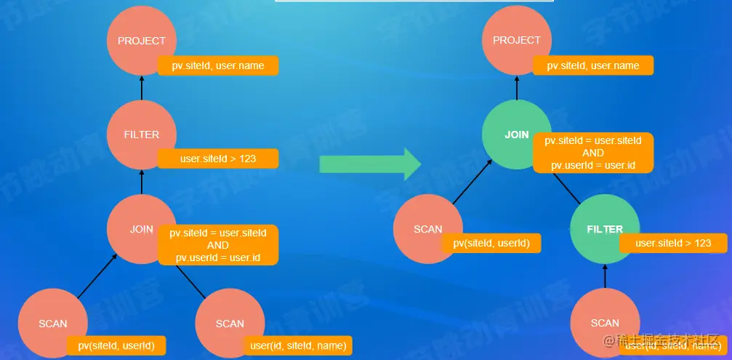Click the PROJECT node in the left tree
[x=142, y=41]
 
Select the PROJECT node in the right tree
[x=517, y=41]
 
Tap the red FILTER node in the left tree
[x=142, y=135]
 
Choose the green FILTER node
[x=605, y=229]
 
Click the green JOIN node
[x=517, y=135]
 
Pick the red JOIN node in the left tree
[x=141, y=229]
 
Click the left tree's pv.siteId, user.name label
[x=218, y=66]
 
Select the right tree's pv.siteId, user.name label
[x=593, y=66]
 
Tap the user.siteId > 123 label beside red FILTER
[x=218, y=159]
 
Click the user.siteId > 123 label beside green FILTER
[x=673, y=243]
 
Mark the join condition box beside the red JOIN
[x=218, y=245]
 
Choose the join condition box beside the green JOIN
[x=593, y=153]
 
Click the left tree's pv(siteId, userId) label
[x=116, y=345]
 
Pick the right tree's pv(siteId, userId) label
[x=491, y=243]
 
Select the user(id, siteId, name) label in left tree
[x=298, y=345]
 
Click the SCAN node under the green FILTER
[x=605, y=322]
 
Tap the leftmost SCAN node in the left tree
[x=52, y=323]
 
